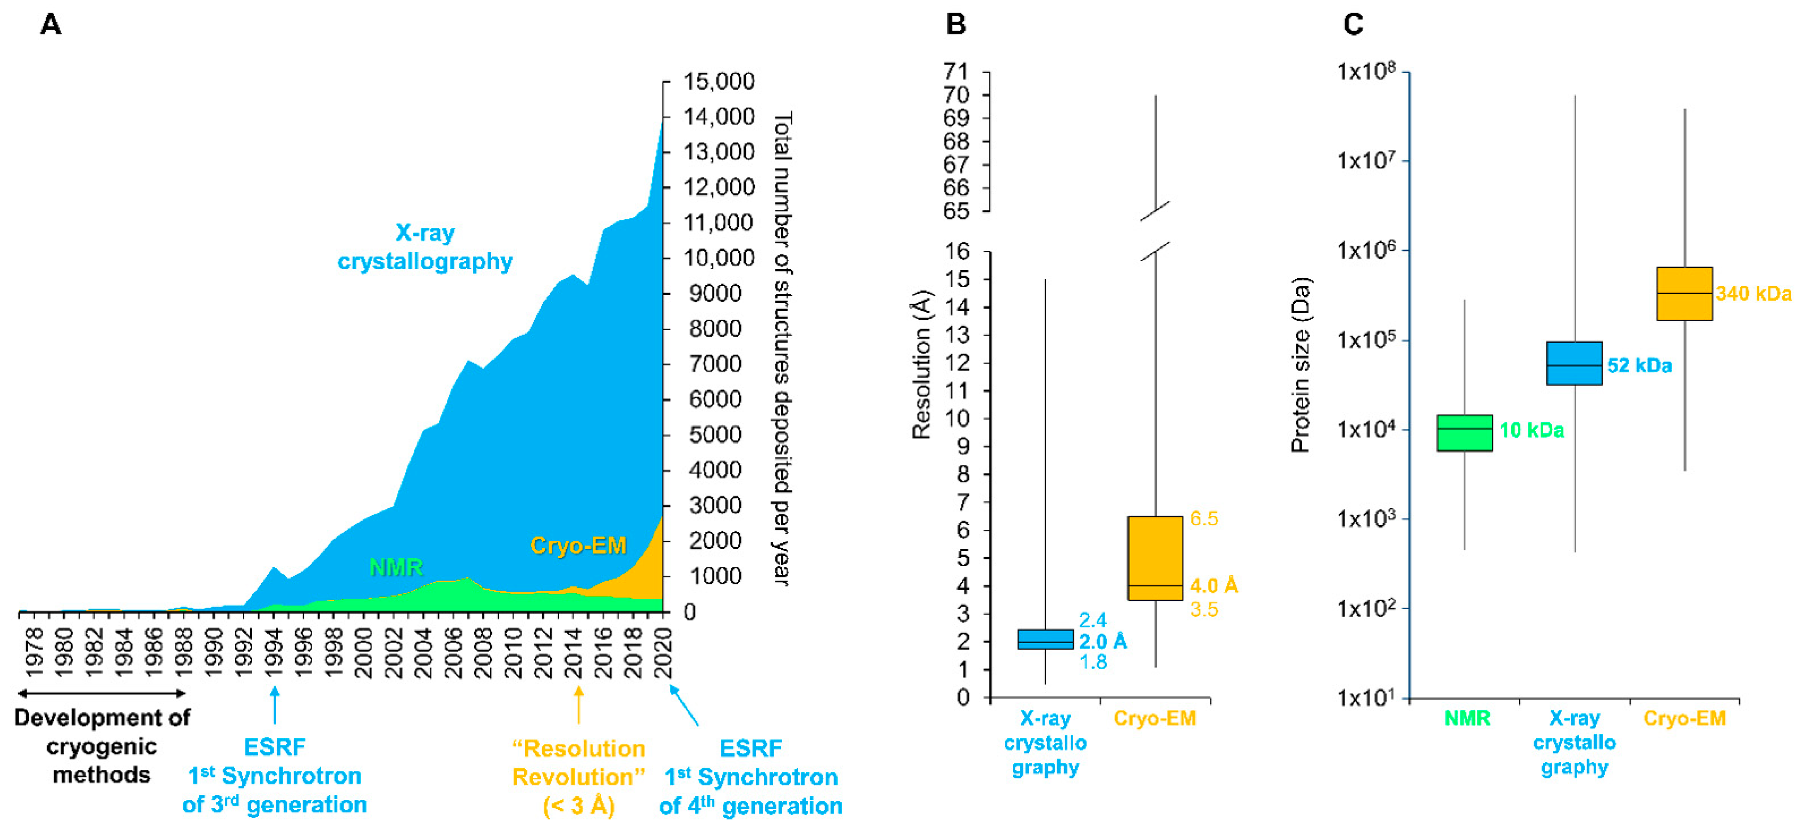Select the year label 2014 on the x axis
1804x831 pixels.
coord(574,653)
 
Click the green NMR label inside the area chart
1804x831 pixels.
coord(396,567)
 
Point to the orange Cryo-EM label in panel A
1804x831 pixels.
coord(578,545)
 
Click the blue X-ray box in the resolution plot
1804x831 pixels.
coord(1045,639)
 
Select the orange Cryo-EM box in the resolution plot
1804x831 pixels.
coord(1155,558)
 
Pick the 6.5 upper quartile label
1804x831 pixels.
coord(1204,519)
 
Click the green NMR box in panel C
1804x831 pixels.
coord(1464,432)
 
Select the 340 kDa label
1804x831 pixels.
coord(1753,293)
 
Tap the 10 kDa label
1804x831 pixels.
coord(1532,430)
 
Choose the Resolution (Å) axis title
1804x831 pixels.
coord(922,364)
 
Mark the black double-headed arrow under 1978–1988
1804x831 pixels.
coord(101,693)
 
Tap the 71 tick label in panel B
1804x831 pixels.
coord(956,72)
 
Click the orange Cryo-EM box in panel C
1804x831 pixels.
coord(1684,294)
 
